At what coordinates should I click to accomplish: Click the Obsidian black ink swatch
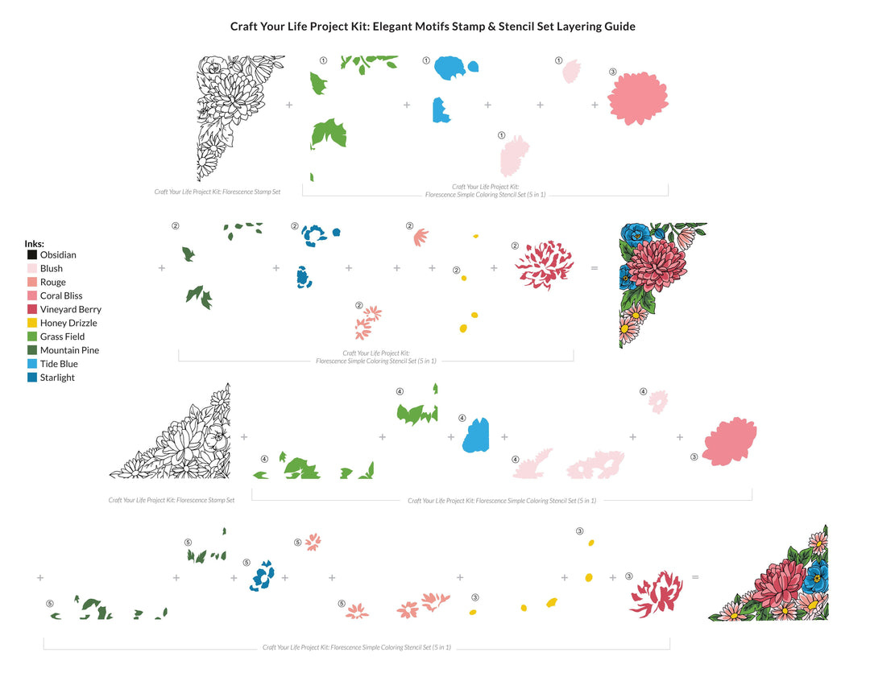point(32,255)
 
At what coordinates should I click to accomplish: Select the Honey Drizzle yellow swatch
point(32,323)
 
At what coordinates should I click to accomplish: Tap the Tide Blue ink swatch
point(32,364)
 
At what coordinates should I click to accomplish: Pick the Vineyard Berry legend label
point(70,309)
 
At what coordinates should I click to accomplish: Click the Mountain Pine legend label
point(69,350)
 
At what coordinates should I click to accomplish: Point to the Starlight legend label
point(57,378)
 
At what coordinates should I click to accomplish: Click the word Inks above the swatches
point(34,243)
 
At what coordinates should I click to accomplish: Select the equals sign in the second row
point(594,267)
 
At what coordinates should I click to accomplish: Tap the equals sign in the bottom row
point(695,577)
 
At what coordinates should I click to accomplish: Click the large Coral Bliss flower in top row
point(638,99)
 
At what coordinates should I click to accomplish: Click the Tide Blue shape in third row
point(476,436)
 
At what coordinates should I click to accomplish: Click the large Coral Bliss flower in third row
point(730,442)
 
